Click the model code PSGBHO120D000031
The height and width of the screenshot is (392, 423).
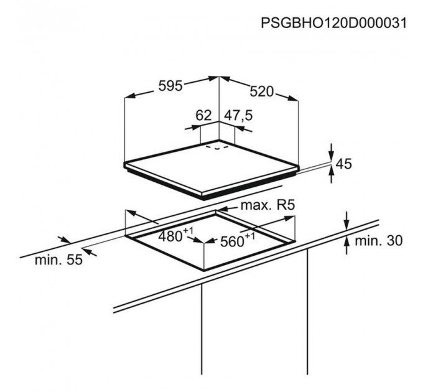click(x=333, y=22)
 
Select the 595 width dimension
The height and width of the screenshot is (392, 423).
click(x=170, y=86)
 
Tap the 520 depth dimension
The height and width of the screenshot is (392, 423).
click(x=261, y=91)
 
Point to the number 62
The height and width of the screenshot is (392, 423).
click(x=203, y=116)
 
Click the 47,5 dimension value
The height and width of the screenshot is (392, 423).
click(x=238, y=116)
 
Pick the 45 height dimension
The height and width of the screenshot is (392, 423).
click(x=344, y=164)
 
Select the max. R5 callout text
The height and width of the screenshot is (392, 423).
click(x=267, y=205)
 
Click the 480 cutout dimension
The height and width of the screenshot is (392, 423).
click(x=170, y=236)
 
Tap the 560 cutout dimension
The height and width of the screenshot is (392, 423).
click(x=232, y=241)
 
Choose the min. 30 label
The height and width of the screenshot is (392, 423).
click(x=378, y=240)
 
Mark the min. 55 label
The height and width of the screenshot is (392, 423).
click(x=58, y=260)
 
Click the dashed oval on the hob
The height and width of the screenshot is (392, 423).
click(x=218, y=147)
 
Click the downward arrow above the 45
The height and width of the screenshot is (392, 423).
click(x=332, y=152)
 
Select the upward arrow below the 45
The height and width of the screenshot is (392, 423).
click(x=332, y=175)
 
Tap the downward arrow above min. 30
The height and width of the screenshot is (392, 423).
click(x=347, y=221)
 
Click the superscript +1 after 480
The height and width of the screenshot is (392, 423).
click(x=188, y=231)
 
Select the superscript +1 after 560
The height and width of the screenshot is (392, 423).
click(x=249, y=236)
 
